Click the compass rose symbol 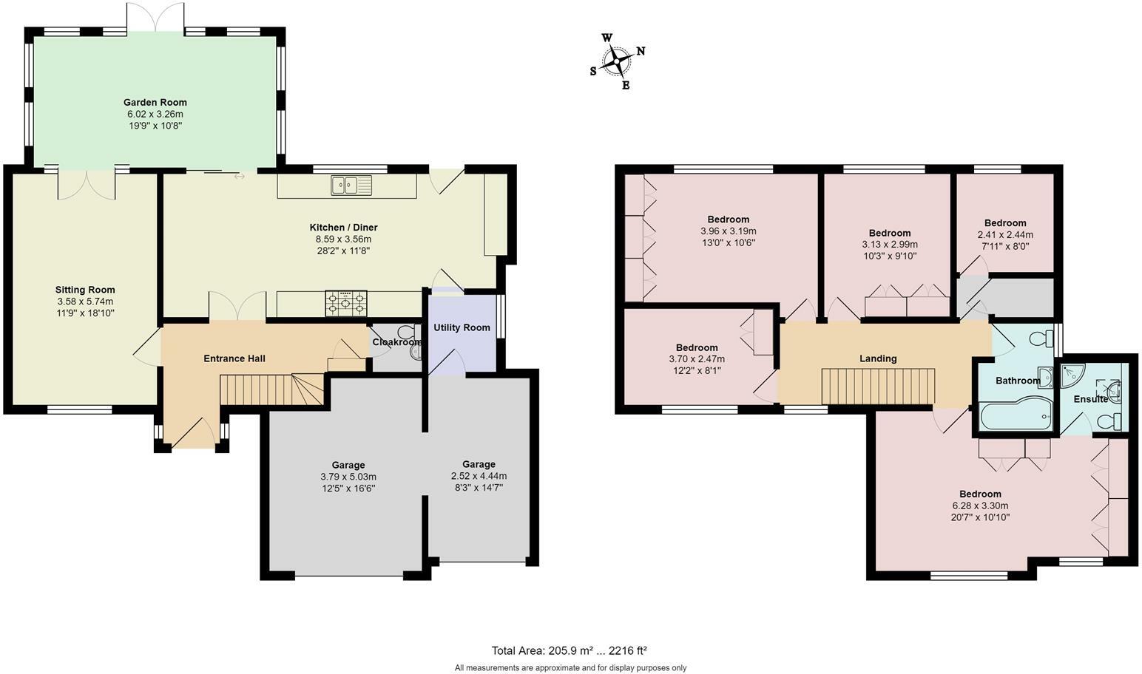pyautogui.click(x=617, y=61)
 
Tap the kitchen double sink pyautogui.click(x=351, y=185)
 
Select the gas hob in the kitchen pyautogui.click(x=345, y=303)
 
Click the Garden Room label pyautogui.click(x=155, y=103)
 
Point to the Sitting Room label pyautogui.click(x=85, y=290)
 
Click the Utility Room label pyautogui.click(x=462, y=327)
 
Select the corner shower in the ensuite pyautogui.click(x=1073, y=376)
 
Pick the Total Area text pyautogui.click(x=569, y=650)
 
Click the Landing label pyautogui.click(x=878, y=358)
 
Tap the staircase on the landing pyautogui.click(x=878, y=387)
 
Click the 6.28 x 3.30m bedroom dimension pyautogui.click(x=980, y=506)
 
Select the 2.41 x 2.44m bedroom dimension pyautogui.click(x=1005, y=235)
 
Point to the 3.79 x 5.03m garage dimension pyautogui.click(x=348, y=477)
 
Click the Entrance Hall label pyautogui.click(x=234, y=358)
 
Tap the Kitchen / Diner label pyautogui.click(x=344, y=227)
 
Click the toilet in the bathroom pyautogui.click(x=1041, y=338)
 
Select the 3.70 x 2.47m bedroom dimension pyautogui.click(x=697, y=359)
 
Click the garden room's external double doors pyautogui.click(x=155, y=17)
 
